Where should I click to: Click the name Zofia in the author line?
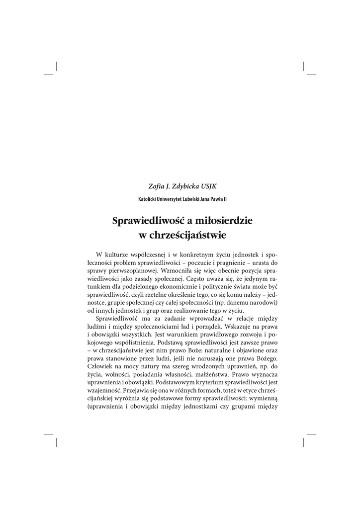[x=157, y=186]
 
